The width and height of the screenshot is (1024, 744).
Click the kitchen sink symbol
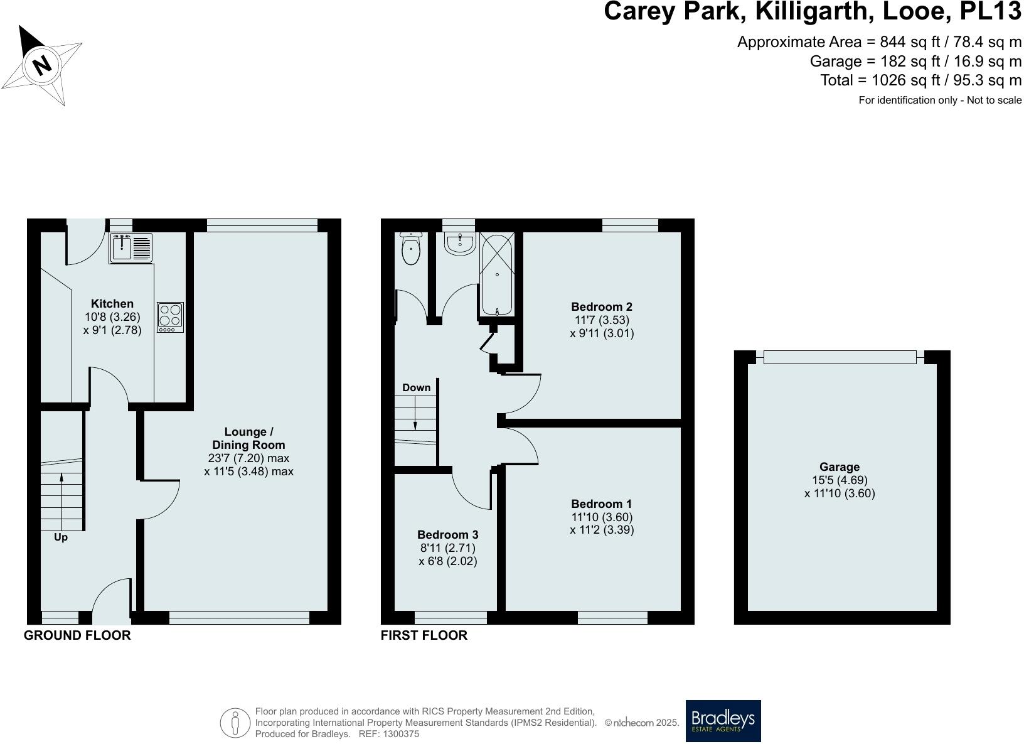click(131, 247)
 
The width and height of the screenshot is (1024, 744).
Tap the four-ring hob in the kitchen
click(170, 316)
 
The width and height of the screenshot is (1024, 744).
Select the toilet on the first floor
click(410, 249)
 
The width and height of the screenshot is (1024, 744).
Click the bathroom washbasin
click(460, 244)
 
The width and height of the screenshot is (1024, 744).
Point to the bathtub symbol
click(497, 274)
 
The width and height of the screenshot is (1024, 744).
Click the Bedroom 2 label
click(601, 307)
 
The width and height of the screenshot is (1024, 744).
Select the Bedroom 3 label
click(447, 535)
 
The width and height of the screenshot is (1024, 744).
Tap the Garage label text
click(839, 467)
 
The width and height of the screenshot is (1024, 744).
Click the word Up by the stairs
click(61, 537)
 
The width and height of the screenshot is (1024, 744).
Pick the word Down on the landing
click(417, 387)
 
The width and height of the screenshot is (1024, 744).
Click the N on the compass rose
click(41, 65)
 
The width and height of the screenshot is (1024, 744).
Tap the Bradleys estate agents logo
click(723, 721)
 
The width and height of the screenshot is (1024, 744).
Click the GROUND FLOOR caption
click(77, 635)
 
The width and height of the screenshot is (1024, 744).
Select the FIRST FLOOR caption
click(424, 635)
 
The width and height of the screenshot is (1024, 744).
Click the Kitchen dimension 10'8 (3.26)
click(112, 317)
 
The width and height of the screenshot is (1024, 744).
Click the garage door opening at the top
click(840, 357)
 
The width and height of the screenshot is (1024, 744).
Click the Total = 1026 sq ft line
click(920, 80)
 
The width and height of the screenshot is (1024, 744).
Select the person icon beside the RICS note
click(235, 723)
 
